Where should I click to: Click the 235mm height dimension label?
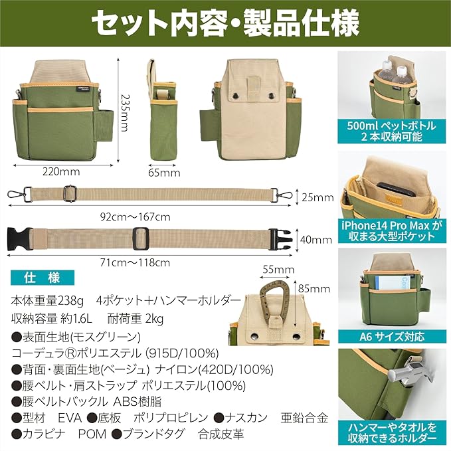click(x=124, y=113)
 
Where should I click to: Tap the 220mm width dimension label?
click(x=61, y=172)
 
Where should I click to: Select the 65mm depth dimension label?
click(x=164, y=173)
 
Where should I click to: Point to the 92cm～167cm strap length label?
click(x=135, y=217)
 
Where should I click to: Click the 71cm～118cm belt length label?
click(x=135, y=262)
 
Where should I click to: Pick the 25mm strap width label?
click(x=317, y=197)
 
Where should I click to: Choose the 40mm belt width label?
click(x=316, y=239)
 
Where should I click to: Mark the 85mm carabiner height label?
click(x=314, y=288)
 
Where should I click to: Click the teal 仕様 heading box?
click(x=43, y=278)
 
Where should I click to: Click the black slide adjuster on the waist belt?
click(x=141, y=238)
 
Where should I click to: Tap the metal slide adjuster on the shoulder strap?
click(x=70, y=193)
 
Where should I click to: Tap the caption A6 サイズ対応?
click(x=392, y=336)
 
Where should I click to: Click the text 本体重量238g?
click(x=47, y=301)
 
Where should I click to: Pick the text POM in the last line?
click(x=92, y=434)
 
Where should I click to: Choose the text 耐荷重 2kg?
click(x=135, y=319)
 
